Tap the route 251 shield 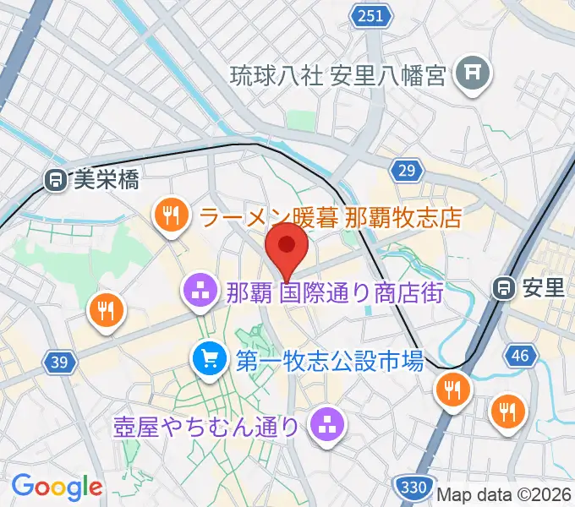tap(373, 16)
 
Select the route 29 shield tap(408, 172)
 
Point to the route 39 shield tap(57, 363)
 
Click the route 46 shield tap(520, 355)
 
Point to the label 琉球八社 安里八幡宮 tap(338, 77)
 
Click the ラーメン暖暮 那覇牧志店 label tap(331, 217)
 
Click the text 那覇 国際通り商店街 tap(335, 293)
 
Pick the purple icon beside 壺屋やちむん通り tap(326, 425)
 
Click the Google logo tap(57, 487)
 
